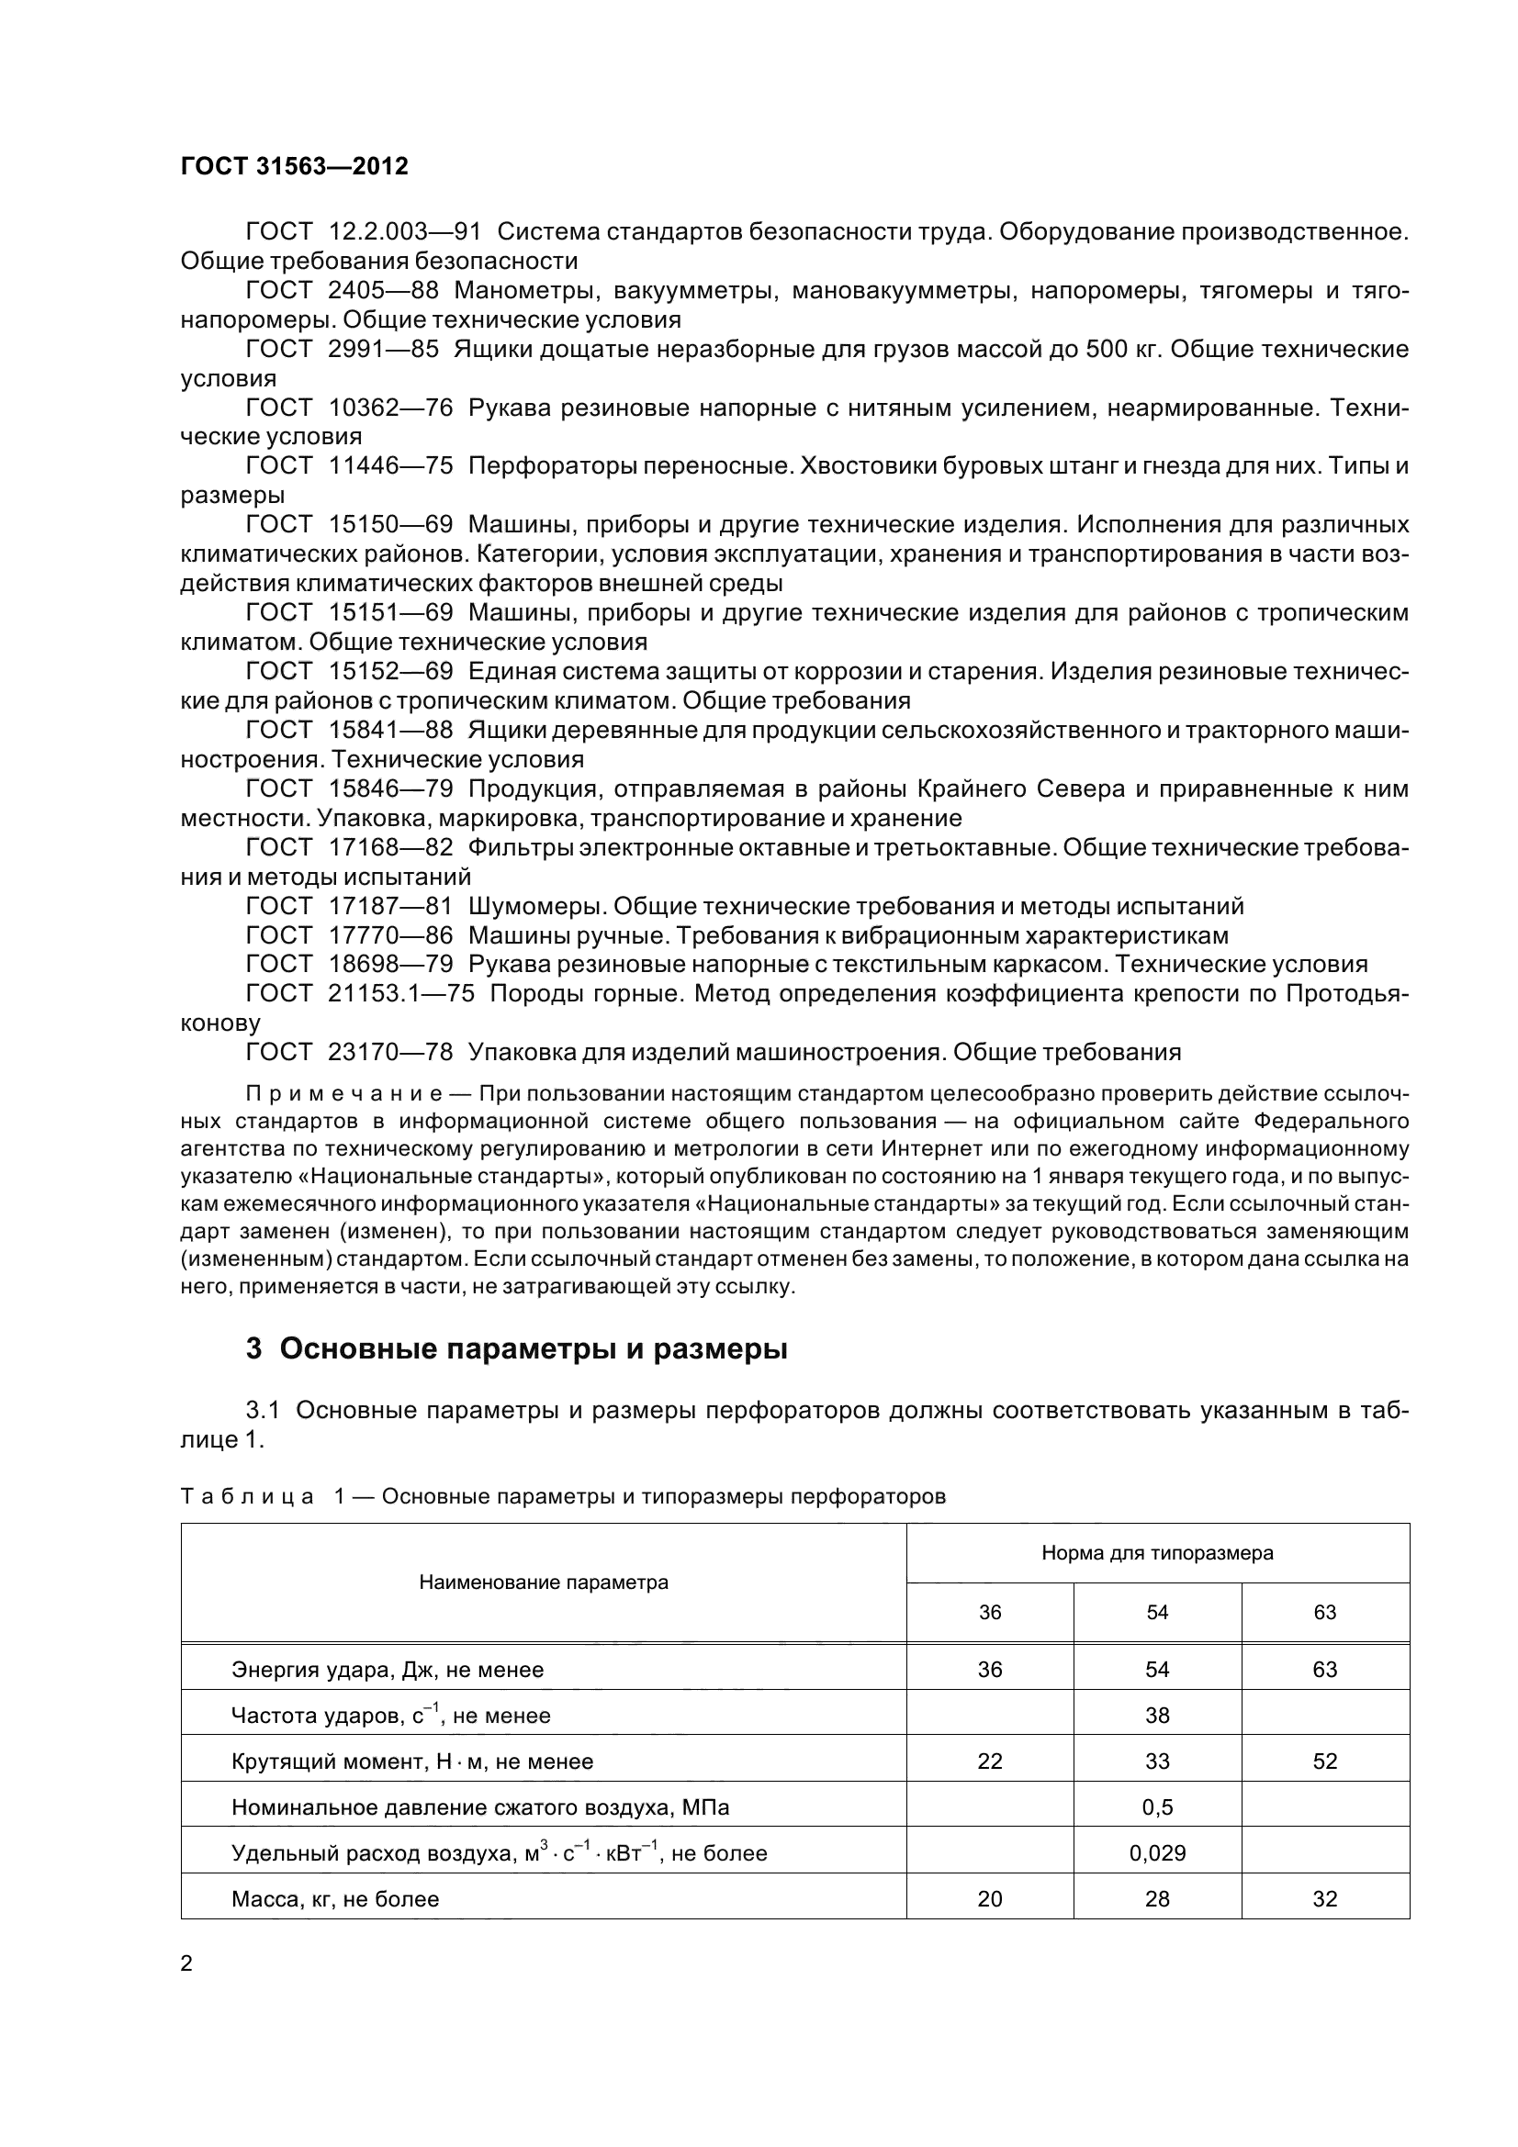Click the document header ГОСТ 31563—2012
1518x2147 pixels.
295,166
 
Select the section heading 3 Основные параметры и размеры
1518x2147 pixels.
516,1348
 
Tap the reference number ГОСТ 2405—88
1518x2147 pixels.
343,291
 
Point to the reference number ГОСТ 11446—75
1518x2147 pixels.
349,465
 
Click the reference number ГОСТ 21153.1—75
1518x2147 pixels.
360,993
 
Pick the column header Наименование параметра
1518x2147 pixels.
544,1582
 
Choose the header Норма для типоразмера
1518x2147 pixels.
1157,1553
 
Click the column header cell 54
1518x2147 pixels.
1157,1612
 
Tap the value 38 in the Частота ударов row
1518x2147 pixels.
1157,1715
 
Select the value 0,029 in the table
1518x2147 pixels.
1157,1852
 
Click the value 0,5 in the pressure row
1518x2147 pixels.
1157,1806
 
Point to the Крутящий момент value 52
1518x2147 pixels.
1324,1761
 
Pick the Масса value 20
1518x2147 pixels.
990,1898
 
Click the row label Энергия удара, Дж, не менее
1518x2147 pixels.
388,1669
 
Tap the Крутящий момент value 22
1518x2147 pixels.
990,1761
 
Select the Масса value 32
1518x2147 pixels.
1324,1898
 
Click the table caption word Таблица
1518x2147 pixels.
247,1496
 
